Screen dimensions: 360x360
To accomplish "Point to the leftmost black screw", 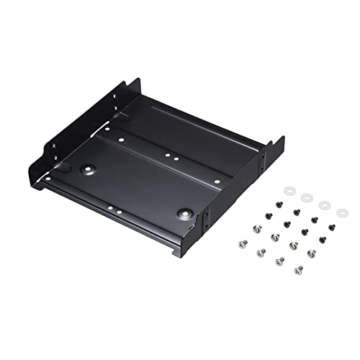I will coord(269,215).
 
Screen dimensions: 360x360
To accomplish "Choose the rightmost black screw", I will coord(331,228).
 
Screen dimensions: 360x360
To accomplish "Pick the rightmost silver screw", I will coord(312,253).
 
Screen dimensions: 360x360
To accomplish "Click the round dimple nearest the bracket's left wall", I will coord(89,171).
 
